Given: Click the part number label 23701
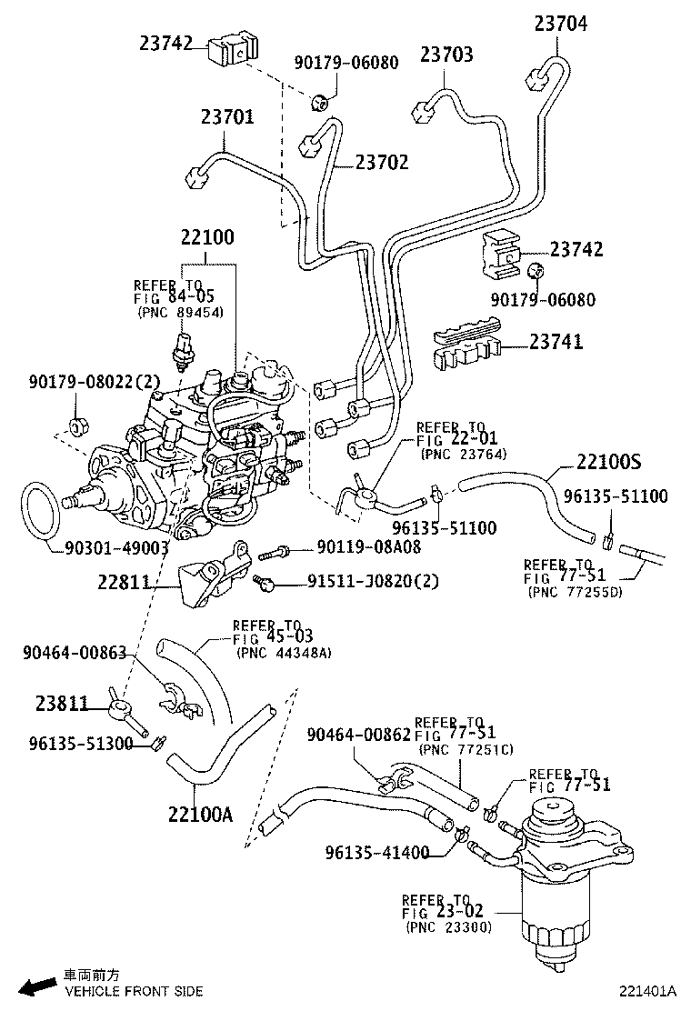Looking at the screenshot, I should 227,117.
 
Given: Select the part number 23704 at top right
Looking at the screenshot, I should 560,25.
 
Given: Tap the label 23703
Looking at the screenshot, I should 446,55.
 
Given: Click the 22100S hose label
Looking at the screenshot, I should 608,462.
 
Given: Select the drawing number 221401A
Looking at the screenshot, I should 649,990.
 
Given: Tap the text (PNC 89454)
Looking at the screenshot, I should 181,311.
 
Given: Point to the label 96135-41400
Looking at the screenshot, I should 376,852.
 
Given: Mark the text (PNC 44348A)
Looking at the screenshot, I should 283,652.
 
